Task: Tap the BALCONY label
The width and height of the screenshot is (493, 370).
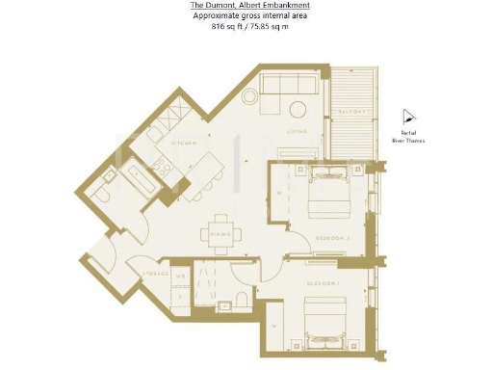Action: click(x=352, y=113)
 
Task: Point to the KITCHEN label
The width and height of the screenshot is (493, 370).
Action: click(x=184, y=143)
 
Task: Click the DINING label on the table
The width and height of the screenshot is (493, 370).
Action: click(x=217, y=231)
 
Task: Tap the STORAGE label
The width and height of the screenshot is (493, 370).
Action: click(x=156, y=274)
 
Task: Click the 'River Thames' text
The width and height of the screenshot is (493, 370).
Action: click(x=408, y=141)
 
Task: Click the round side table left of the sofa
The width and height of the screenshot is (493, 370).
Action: click(x=249, y=95)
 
